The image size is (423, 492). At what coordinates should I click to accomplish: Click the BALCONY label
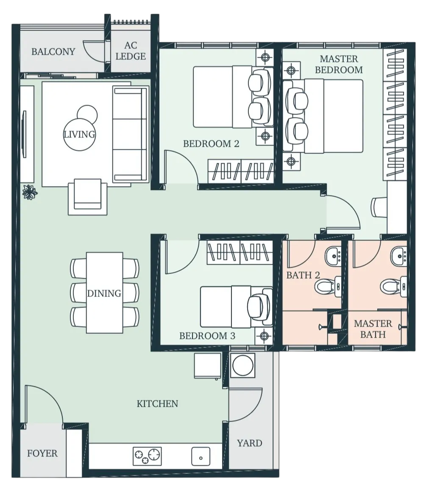coord(53,51)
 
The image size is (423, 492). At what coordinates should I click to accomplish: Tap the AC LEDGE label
coord(131,51)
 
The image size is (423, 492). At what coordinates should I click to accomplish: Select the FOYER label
coord(42,453)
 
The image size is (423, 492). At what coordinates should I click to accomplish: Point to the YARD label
coord(250,443)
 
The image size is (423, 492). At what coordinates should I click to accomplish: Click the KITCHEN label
coord(157,403)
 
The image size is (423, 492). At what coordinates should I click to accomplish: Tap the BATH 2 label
coord(303,275)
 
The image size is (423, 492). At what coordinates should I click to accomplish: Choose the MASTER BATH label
coord(373,329)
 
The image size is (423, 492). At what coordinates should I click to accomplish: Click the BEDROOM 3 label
coord(207,336)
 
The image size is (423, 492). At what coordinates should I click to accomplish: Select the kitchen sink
coord(200,456)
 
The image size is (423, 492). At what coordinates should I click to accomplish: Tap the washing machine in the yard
coord(243,366)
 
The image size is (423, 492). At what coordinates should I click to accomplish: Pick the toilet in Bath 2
coord(328,286)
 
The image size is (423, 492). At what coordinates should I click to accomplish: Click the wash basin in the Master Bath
coord(399,256)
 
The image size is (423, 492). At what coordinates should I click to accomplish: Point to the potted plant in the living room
coord(30,192)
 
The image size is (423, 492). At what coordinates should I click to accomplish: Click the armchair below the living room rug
coord(88,196)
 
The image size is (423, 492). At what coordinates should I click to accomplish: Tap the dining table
coord(104,292)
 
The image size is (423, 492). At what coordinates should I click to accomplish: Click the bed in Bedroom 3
coord(236,307)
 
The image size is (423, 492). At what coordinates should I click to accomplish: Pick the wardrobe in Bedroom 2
coord(241,171)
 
